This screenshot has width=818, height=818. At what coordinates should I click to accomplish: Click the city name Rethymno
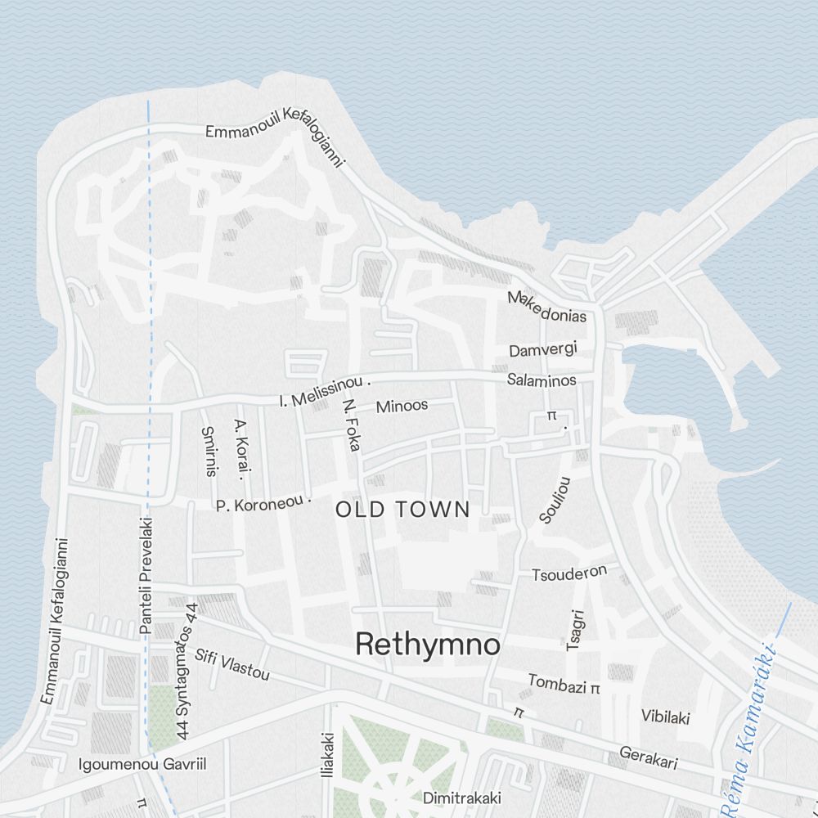[x=428, y=645]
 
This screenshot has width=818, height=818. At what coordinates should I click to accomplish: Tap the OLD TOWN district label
[x=402, y=510]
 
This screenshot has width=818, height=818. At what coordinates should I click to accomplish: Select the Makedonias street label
[x=546, y=307]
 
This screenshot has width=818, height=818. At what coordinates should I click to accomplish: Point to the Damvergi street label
[x=542, y=350]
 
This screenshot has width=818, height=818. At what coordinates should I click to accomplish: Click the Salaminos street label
[x=541, y=380]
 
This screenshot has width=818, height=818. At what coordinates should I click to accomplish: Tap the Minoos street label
[x=401, y=406]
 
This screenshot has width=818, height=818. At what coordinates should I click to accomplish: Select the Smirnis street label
[x=209, y=451]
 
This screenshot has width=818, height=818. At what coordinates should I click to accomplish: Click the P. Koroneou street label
[x=263, y=504]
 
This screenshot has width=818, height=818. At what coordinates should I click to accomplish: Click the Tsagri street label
[x=577, y=630]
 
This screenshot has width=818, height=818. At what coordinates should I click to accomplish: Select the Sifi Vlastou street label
[x=231, y=663]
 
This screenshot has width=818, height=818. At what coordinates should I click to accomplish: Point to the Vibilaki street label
[x=665, y=717]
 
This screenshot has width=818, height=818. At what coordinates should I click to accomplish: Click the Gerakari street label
[x=648, y=757]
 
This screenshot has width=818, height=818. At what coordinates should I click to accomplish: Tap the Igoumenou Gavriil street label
[x=142, y=765]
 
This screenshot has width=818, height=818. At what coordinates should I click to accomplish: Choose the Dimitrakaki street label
[x=461, y=798]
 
